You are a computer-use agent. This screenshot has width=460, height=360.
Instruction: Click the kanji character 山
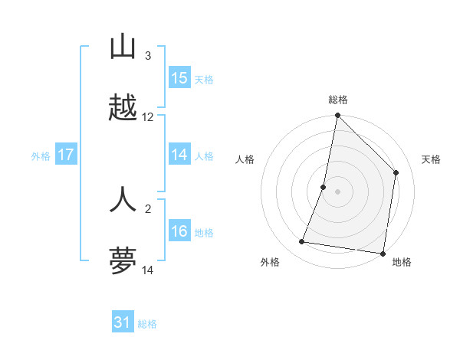coord(123,47)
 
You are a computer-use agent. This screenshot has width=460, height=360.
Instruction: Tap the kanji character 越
coord(123,109)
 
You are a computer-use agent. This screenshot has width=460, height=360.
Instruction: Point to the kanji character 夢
coord(123,261)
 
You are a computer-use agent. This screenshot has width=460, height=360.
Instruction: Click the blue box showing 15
coord(179,78)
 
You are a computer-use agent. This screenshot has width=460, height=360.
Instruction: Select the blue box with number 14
coord(179,155)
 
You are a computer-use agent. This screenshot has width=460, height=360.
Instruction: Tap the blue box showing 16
coord(179,232)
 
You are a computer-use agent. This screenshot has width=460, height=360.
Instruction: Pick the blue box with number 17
coord(66,155)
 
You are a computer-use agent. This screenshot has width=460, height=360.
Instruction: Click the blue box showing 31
coord(123,322)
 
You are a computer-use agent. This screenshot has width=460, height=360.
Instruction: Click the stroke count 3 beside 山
coord(148,56)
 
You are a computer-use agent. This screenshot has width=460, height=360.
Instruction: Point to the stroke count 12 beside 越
coord(148,117)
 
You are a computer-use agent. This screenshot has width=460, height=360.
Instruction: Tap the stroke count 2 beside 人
coord(148,208)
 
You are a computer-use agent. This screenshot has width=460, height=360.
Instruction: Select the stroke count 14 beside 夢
coord(148,270)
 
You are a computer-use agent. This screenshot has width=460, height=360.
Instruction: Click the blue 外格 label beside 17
coord(41,156)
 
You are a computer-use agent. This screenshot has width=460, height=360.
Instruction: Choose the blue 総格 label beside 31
coord(147,324)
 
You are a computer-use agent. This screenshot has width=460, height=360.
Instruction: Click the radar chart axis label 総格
coord(338,100)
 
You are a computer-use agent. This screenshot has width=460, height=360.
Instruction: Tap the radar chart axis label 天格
coord(432,159)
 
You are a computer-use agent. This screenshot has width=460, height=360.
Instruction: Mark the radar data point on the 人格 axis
coord(324,187)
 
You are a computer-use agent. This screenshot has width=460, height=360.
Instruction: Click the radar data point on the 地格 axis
coord(383,253)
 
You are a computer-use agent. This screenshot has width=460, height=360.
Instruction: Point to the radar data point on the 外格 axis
coord(302,242)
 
